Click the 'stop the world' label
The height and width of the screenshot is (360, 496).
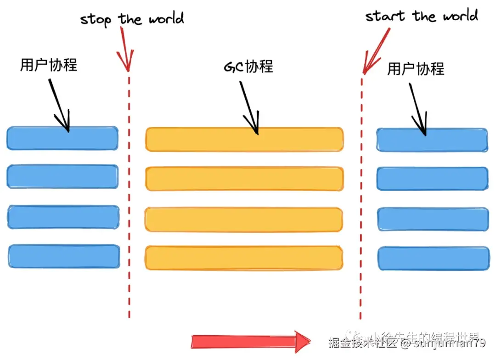[132, 19]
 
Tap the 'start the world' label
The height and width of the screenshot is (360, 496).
[421, 16]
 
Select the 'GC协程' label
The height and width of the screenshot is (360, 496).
[248, 67]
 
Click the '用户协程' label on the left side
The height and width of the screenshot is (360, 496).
[49, 65]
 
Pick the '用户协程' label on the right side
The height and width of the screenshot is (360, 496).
[416, 69]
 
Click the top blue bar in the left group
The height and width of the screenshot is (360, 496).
[62, 138]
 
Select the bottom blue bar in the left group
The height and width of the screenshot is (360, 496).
[64, 256]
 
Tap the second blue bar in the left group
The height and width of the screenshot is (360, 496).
[62, 177]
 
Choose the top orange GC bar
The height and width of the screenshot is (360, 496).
[244, 140]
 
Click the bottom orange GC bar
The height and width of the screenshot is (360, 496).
[244, 258]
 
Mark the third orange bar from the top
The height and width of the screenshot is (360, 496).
[244, 219]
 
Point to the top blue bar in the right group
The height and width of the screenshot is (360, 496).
[432, 140]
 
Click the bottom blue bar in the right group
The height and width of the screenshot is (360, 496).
[433, 258]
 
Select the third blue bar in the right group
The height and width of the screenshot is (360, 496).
[433, 219]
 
